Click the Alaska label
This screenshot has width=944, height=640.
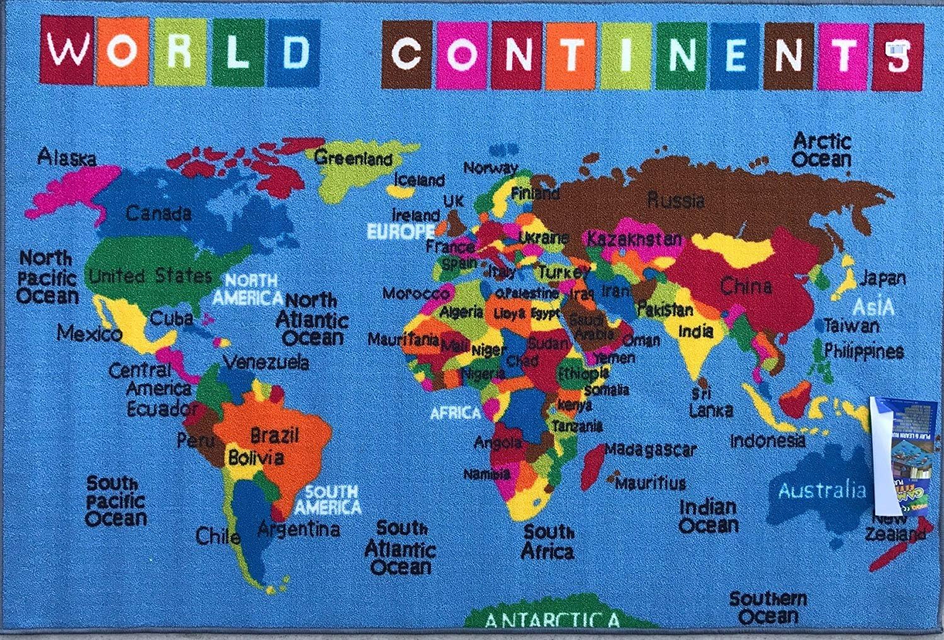pos(67,157)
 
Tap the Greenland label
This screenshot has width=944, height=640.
pos(353,157)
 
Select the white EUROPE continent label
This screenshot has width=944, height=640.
pos(400,232)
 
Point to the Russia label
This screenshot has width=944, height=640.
pos(676,201)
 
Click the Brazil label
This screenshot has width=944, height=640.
pos(274,435)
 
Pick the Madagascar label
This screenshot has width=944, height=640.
pos(650,450)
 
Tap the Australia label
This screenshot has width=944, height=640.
pos(822,490)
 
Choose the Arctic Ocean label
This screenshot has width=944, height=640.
pos(822,150)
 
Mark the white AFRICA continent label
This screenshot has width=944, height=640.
pos(455,413)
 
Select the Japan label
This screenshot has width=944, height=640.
pos(883,278)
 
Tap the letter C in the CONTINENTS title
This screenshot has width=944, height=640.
pos(407,54)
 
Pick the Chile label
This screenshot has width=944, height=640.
pos(218,536)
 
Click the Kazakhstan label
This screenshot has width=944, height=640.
pos(634,239)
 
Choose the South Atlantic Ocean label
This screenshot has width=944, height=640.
pos(400,547)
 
